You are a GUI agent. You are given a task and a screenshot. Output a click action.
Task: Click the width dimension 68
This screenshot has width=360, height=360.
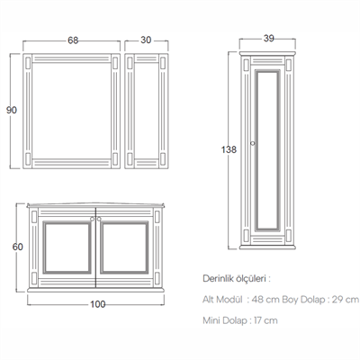(x=73, y=40)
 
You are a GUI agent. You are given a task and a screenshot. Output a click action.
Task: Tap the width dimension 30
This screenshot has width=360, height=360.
(x=146, y=40)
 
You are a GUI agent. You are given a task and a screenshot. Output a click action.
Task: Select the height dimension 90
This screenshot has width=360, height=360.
(x=12, y=110)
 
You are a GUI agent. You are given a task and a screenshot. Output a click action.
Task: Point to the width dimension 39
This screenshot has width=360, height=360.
(x=269, y=39)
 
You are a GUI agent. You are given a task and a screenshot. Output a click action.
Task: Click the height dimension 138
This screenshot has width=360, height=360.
(x=229, y=149)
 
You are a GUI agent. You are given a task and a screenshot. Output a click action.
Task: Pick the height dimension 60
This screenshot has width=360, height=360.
(x=18, y=247)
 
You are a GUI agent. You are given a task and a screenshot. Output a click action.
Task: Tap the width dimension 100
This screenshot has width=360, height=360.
(x=98, y=304)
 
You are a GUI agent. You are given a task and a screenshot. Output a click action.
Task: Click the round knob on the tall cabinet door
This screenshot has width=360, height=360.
(x=253, y=143)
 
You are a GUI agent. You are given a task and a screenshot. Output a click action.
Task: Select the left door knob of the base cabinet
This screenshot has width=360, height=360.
(x=93, y=219)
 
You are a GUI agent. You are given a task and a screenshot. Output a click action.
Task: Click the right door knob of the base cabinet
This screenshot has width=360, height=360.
(x=99, y=219)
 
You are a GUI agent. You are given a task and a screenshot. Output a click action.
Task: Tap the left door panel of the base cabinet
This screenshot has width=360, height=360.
(x=67, y=247)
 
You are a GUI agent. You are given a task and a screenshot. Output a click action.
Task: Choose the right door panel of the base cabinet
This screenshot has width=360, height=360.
(x=124, y=247)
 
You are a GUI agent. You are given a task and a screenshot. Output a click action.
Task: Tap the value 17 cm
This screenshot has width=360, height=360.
(x=265, y=320)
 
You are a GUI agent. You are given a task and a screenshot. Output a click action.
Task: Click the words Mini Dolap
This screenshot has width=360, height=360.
(x=224, y=320)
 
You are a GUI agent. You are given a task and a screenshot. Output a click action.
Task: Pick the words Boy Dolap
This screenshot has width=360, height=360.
(x=303, y=300)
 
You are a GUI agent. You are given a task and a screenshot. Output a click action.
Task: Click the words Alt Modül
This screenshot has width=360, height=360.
(x=222, y=300)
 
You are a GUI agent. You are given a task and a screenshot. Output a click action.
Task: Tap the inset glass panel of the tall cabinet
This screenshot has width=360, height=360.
(x=267, y=150)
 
